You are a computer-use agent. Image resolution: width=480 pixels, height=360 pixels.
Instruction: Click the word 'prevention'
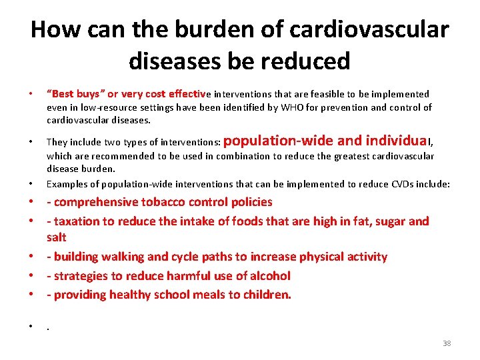(x=349, y=107)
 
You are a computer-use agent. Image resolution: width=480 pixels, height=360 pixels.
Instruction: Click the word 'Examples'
(x=66, y=184)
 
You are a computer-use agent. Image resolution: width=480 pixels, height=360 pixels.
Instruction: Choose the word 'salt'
(x=57, y=237)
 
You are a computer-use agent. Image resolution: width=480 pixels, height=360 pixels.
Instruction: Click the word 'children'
(x=264, y=295)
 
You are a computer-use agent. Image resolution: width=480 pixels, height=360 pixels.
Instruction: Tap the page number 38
(x=446, y=343)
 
